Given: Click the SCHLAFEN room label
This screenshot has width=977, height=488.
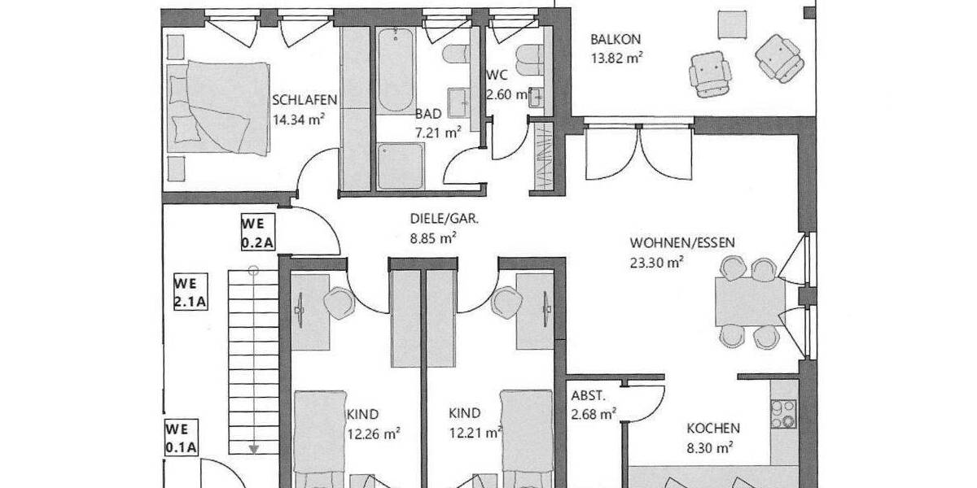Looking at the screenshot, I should click(x=304, y=100).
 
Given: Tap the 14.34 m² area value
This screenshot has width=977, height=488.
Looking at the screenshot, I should click(x=300, y=117).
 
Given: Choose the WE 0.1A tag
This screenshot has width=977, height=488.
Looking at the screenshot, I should click(x=181, y=438).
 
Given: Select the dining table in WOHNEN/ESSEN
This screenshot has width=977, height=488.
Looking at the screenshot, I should click(x=749, y=302).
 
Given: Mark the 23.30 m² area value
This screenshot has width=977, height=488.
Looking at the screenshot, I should click(x=656, y=262).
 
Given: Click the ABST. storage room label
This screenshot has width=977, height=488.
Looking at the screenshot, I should click(x=587, y=397).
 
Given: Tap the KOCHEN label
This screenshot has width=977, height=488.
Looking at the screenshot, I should click(x=712, y=428).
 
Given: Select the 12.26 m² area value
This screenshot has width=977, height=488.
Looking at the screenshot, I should click(x=374, y=434).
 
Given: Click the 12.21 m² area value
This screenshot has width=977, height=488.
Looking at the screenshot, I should click(x=475, y=434).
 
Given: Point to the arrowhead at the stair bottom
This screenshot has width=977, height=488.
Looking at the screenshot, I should click(x=254, y=447).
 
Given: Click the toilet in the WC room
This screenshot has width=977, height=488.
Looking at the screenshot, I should click(x=529, y=59).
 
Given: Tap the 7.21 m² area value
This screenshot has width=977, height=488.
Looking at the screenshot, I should click(x=438, y=130).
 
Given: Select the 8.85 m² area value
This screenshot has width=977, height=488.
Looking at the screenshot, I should click(x=432, y=237).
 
